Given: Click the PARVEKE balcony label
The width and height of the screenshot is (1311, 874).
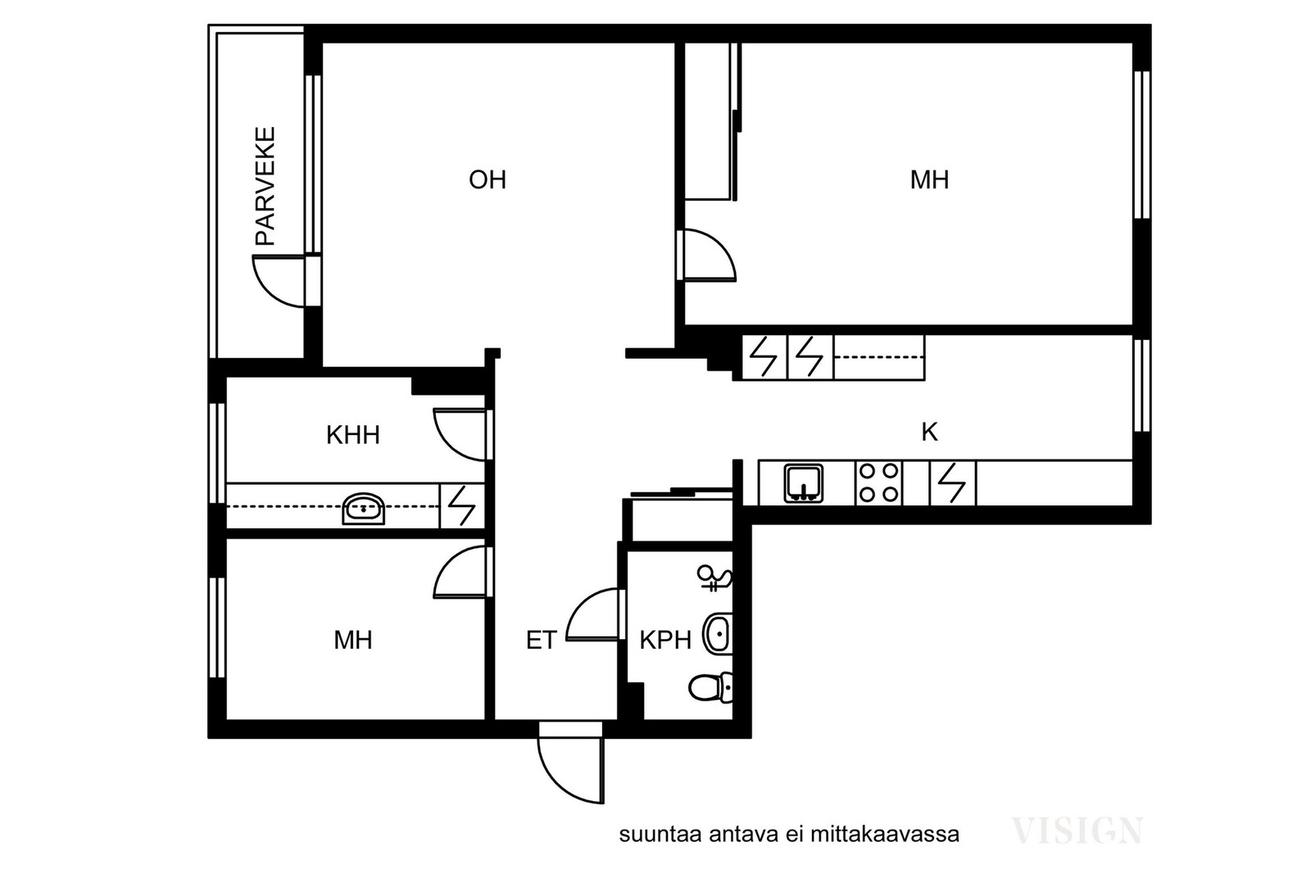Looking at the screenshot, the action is (x=265, y=186).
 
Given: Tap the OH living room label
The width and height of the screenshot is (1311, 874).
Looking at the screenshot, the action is (x=488, y=179).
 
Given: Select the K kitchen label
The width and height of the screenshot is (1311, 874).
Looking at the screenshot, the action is (x=929, y=432).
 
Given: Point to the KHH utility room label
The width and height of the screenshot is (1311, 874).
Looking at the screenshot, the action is (x=353, y=435).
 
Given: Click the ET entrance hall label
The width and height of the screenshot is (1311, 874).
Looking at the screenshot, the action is (x=542, y=640).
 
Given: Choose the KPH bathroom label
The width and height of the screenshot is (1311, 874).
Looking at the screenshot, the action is (x=665, y=640).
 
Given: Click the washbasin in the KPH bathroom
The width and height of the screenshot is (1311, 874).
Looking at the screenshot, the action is (x=718, y=633).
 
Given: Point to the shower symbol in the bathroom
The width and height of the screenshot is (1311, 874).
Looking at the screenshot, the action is (x=714, y=578).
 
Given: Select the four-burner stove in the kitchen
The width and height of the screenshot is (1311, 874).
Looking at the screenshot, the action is (x=878, y=483).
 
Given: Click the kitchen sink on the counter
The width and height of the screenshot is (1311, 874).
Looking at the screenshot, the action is (x=804, y=483).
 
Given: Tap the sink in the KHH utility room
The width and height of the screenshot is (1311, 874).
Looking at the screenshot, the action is (x=364, y=509).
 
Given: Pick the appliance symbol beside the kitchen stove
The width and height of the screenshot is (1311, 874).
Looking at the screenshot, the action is (x=953, y=483).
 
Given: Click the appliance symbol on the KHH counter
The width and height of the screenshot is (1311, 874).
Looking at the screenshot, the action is (x=462, y=506).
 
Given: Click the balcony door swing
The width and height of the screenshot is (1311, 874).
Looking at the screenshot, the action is (x=279, y=281).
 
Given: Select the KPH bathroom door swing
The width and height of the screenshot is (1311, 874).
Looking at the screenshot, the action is (x=593, y=615).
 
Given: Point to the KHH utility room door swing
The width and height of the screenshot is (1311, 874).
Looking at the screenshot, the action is (x=460, y=435).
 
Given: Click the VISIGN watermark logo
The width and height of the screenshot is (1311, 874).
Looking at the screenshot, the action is (x=1077, y=831).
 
